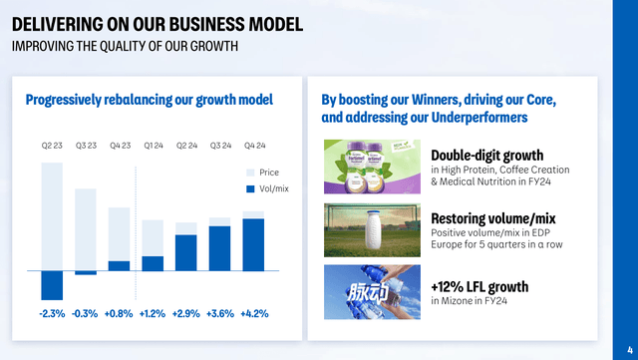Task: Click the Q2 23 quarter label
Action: click(x=52, y=146)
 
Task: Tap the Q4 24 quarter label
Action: click(x=253, y=146)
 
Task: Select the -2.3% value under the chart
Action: click(x=52, y=313)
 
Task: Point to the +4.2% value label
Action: click(x=253, y=313)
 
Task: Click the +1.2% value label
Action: click(x=153, y=313)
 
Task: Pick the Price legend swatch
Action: click(x=250, y=172)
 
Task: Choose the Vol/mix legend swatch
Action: click(x=250, y=187)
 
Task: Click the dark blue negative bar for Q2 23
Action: click(x=52, y=285)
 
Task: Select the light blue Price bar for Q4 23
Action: click(x=119, y=232)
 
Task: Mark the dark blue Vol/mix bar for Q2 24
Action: click(x=186, y=252)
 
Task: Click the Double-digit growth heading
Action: click(x=486, y=156)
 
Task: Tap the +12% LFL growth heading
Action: click(x=479, y=287)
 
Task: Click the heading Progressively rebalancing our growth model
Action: click(x=149, y=100)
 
